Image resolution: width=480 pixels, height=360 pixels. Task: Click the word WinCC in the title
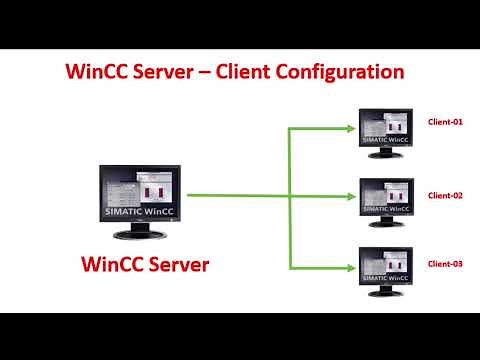click(96, 73)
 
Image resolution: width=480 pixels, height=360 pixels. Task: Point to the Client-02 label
click(446, 195)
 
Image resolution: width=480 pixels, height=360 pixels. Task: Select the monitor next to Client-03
click(385, 265)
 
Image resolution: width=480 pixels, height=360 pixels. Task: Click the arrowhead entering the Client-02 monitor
click(352, 197)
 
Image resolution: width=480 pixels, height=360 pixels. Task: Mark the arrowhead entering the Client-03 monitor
click(352, 267)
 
